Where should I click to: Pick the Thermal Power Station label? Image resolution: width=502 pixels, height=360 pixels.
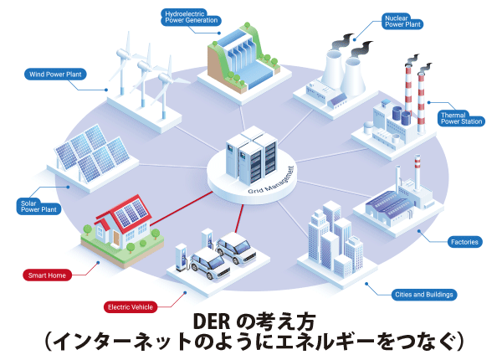(460, 118)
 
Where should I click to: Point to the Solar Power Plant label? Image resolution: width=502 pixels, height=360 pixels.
(38, 206)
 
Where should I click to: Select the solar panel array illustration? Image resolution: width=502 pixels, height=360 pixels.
(90, 156)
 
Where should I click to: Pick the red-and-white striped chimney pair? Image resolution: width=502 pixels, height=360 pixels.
(413, 85)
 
